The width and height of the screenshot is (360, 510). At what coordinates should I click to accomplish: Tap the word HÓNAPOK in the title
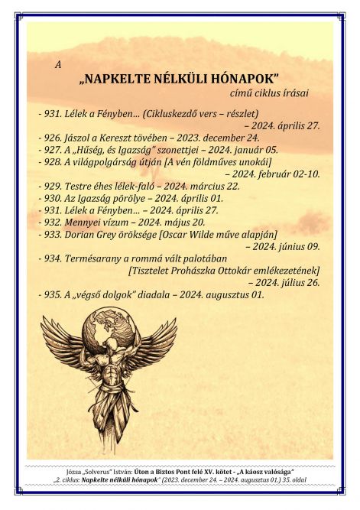coord(243,79)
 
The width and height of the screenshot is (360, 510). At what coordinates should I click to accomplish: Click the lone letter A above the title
coord(59,64)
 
